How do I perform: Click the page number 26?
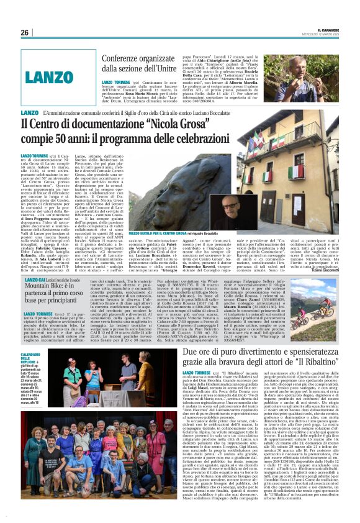click(x=25, y=32)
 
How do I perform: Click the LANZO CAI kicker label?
click(x=34, y=281)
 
